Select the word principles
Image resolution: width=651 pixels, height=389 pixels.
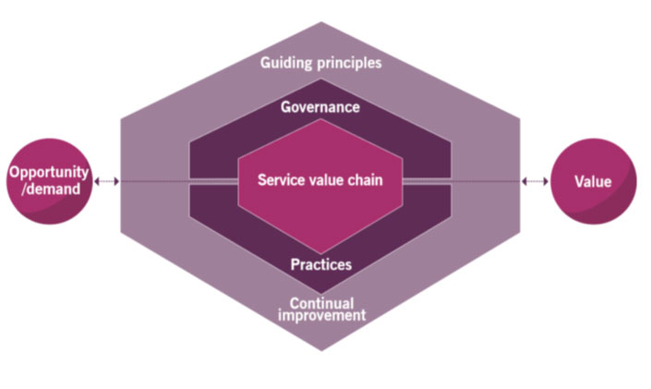tap(349, 63)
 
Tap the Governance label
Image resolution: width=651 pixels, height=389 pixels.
tap(320, 107)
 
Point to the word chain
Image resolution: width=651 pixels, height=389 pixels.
tap(365, 180)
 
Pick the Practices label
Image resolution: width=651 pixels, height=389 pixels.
tap(321, 264)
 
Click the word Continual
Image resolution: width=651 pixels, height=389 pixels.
tap(321, 302)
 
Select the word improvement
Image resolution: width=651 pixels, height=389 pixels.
tap(321, 315)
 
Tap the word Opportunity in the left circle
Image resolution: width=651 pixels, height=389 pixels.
tap(49, 173)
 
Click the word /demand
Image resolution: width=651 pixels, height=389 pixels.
tap(51, 189)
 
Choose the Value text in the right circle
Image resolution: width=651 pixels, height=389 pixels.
tap(593, 182)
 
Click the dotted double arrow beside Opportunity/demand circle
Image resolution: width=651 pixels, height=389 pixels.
tap(107, 181)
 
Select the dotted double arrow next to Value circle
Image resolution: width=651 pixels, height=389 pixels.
tap(535, 181)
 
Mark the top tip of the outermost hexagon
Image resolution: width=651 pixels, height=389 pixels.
tap(321, 21)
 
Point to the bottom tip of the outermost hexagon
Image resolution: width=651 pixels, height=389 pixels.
tap(321, 351)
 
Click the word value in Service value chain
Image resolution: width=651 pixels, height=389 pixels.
tap(323, 180)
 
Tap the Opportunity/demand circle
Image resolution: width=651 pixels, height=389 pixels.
tap(49, 181)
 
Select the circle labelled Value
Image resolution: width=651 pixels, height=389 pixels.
tap(594, 181)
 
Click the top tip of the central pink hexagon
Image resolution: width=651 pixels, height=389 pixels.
tap(320, 119)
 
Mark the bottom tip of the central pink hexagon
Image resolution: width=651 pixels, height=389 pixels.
tap(320, 253)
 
